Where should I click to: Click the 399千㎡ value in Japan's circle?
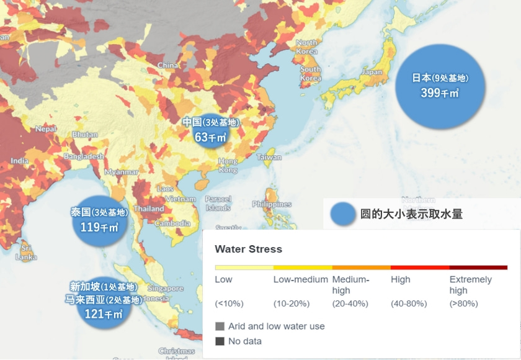[439, 93]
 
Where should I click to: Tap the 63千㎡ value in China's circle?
[210, 137]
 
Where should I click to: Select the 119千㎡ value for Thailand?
[99, 227]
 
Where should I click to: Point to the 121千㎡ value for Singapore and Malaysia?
[103, 313]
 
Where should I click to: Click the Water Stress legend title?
[248, 249]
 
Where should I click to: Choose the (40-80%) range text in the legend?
[409, 304]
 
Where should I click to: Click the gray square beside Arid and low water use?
[220, 326]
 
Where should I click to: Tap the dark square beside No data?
[220, 341]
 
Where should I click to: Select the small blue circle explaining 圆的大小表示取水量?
[342, 214]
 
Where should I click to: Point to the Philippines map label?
[272, 204]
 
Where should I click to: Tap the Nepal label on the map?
[45, 129]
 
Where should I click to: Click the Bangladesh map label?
[83, 156]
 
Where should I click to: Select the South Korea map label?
[310, 74]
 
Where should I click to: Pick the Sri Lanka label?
[26, 252]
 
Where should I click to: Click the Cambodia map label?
[172, 223]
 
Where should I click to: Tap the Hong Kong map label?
[228, 165]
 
